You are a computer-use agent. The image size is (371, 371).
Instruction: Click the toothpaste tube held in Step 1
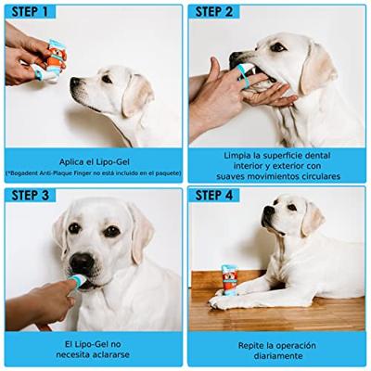click(x=57, y=56)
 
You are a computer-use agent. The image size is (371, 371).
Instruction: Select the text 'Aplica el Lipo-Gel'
click(x=93, y=159)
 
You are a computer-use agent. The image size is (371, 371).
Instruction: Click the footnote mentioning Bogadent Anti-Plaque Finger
click(x=93, y=173)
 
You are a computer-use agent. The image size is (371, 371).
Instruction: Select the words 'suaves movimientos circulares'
click(x=277, y=176)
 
